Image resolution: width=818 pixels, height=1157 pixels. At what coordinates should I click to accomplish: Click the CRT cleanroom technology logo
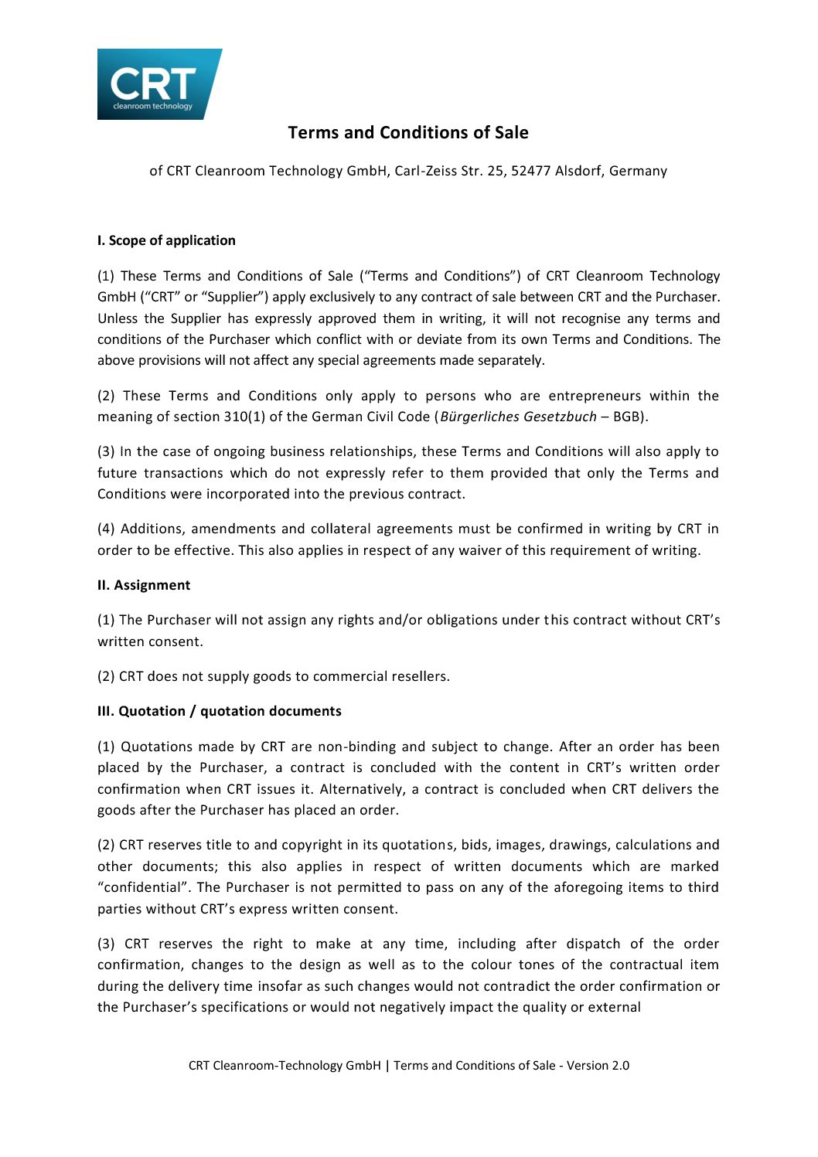pos(158,84)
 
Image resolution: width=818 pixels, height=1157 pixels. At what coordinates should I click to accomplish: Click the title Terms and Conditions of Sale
pos(408,133)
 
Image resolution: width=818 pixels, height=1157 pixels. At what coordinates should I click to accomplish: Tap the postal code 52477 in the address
pos(530,171)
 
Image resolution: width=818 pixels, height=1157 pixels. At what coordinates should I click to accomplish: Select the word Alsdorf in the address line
pos(579,171)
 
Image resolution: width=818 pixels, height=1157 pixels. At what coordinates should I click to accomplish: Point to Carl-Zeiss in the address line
pos(425,171)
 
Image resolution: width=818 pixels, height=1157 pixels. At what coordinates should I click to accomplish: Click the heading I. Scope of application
pos(166,240)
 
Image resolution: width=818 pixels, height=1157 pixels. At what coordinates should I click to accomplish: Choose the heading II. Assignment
pos(144,585)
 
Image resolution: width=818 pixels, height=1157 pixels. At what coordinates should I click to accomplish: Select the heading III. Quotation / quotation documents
pos(219,711)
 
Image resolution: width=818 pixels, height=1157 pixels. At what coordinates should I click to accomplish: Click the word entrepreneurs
pos(595,396)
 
